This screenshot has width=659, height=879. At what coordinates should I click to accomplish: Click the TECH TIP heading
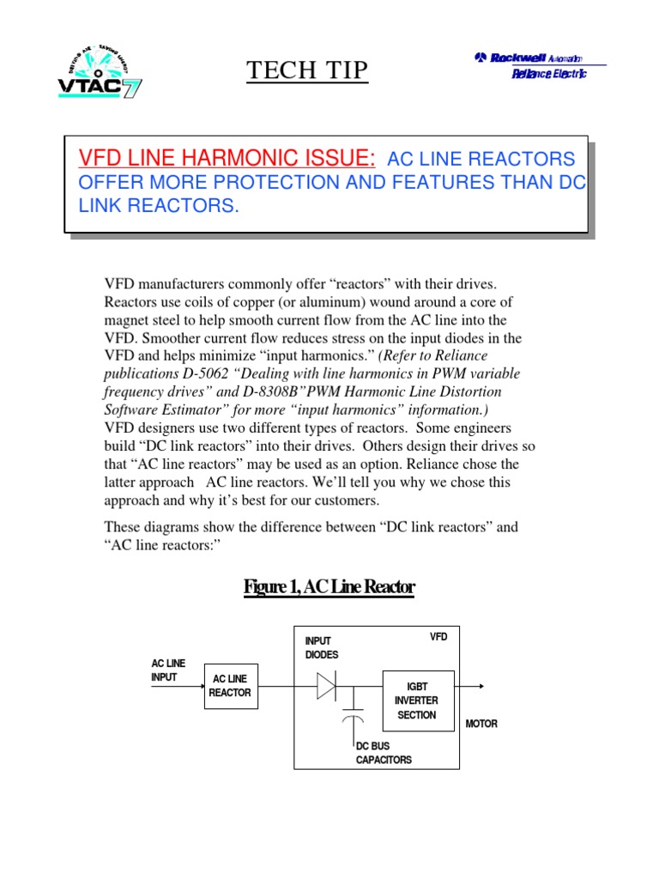307,70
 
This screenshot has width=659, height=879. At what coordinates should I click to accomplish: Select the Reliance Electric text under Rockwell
548,76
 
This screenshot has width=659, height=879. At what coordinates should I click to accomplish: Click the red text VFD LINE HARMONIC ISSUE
227,159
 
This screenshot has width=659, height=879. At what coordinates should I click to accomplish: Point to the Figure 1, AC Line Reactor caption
329,587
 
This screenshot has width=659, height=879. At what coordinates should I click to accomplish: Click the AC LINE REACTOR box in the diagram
230,686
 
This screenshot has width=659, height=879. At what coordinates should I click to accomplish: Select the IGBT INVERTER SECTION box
417,700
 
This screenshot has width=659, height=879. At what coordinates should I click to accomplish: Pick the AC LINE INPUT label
168,670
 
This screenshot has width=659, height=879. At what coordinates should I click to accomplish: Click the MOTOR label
481,724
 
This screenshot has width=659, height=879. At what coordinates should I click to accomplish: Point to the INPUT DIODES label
323,648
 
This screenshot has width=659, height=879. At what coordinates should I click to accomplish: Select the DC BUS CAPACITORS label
384,753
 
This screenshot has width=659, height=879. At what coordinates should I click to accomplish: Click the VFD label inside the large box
438,637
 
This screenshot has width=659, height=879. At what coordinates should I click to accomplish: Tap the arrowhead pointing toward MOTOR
481,686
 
